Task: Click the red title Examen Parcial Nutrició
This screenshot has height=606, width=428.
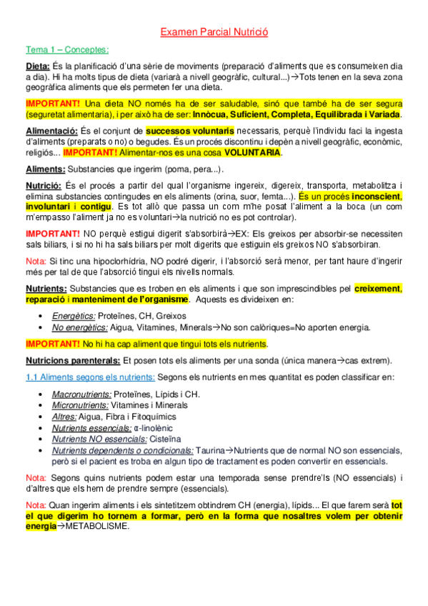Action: (x=214, y=32)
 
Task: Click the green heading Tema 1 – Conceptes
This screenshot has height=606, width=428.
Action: (x=67, y=49)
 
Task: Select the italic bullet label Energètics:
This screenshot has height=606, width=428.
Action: (x=74, y=315)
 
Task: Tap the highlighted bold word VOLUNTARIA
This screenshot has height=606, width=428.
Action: (x=252, y=152)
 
